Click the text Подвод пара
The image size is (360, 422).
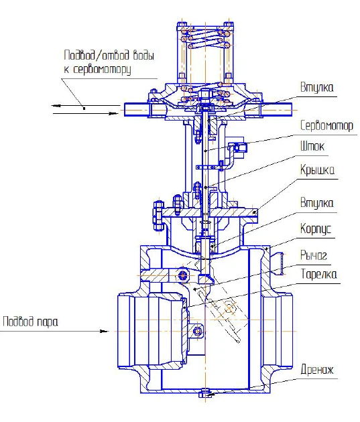30,321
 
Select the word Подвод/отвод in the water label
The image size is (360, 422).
91,55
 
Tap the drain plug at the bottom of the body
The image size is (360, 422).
205,395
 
